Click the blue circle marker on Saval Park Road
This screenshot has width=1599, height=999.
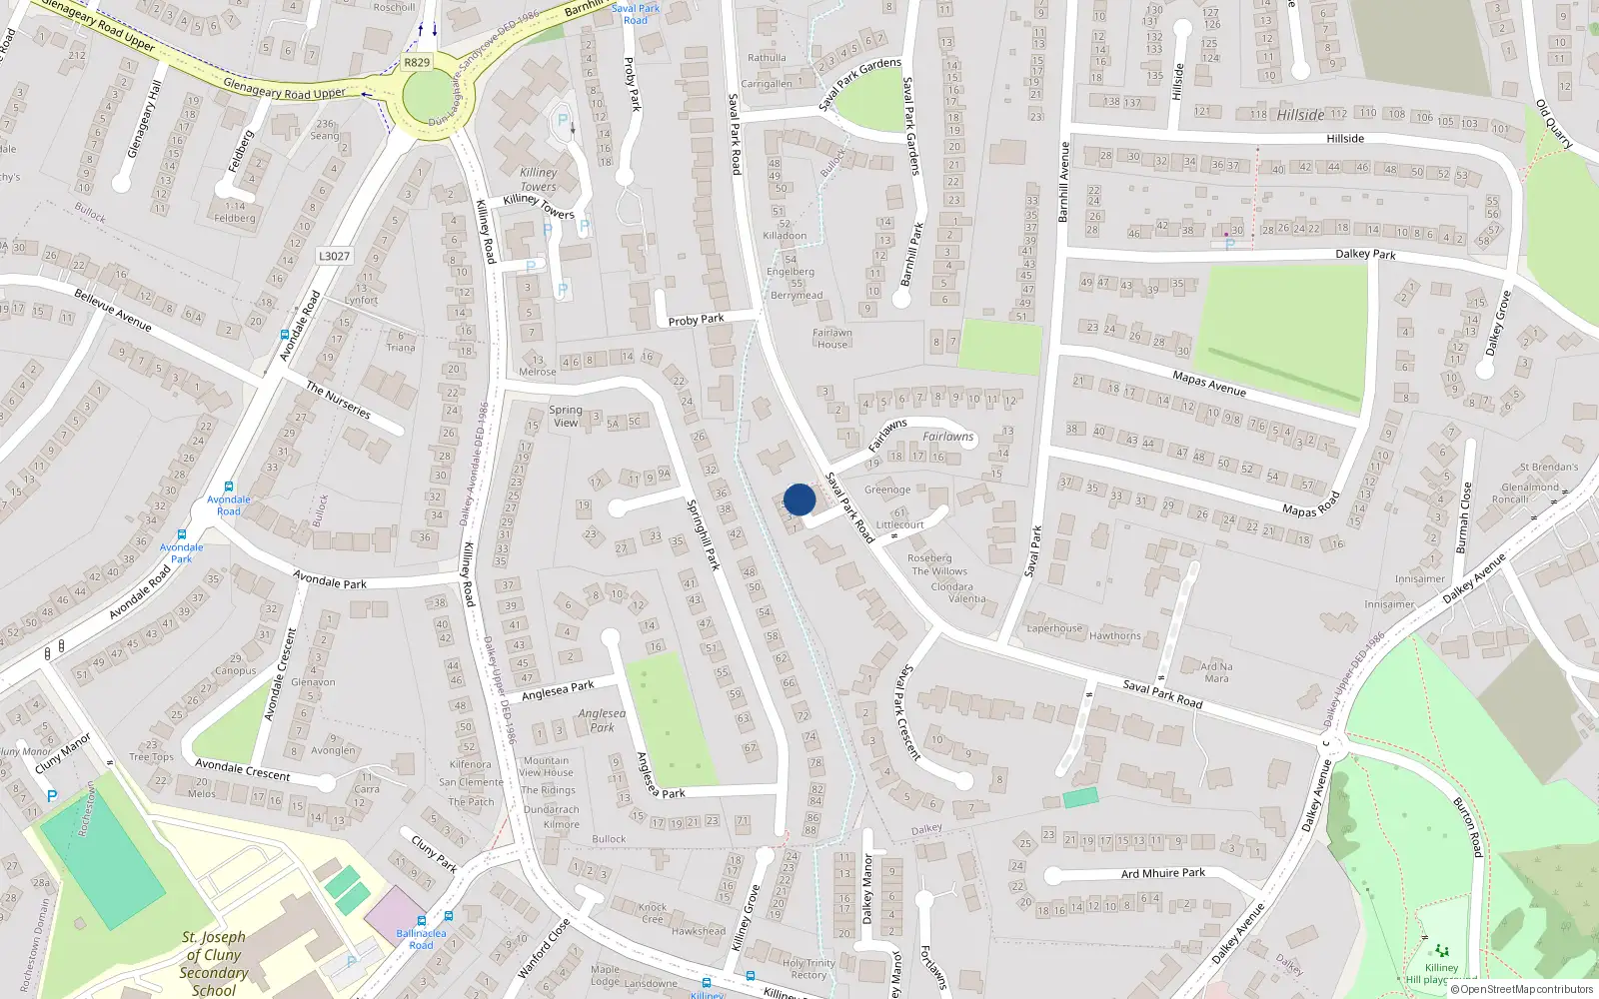click(799, 499)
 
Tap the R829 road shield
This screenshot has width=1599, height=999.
click(417, 62)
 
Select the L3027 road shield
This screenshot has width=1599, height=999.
click(334, 257)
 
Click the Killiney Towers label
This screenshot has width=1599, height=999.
click(539, 180)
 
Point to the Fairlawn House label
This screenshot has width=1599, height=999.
click(831, 339)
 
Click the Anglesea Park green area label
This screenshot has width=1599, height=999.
click(602, 720)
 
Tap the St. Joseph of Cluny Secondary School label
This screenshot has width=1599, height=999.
click(214, 963)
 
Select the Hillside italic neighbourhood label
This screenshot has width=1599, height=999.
click(1300, 115)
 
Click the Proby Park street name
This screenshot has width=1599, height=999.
click(696, 320)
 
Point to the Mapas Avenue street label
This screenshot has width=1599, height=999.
click(1209, 383)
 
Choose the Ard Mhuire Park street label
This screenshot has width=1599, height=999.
click(1163, 873)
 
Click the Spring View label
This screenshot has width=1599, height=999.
click(566, 416)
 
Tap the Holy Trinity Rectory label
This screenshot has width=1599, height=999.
click(808, 969)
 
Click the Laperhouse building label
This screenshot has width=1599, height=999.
click(1054, 628)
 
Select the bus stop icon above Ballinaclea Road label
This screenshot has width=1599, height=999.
click(422, 920)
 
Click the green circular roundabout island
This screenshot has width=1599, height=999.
click(429, 97)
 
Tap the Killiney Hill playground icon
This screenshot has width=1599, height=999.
click(1441, 951)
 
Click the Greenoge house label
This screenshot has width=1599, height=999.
click(887, 490)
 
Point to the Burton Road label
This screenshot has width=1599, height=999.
click(1467, 826)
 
